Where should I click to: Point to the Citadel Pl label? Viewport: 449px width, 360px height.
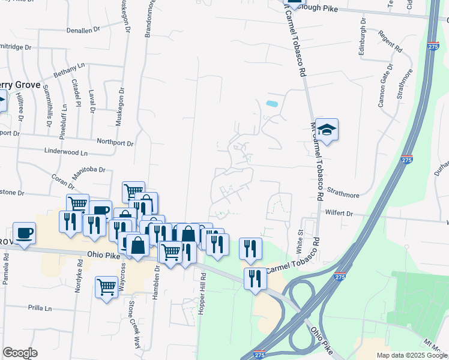click(x=76, y=93)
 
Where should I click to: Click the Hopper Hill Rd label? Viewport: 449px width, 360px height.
click(x=203, y=293)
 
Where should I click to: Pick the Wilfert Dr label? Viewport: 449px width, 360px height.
click(x=340, y=213)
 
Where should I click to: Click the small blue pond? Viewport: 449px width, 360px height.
click(x=272, y=103)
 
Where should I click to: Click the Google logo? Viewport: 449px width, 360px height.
click(x=20, y=353)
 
